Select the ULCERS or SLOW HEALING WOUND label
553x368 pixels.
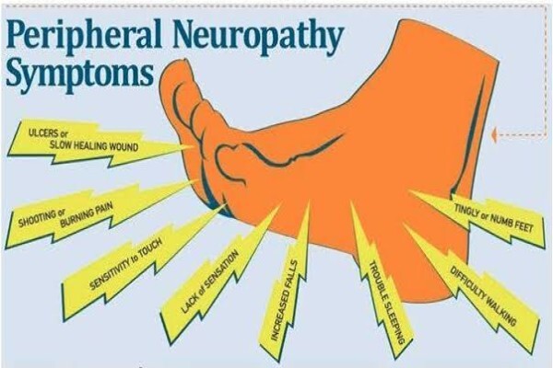(x=94, y=140)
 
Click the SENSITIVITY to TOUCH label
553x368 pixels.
(x=126, y=263)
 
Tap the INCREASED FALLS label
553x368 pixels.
(x=285, y=301)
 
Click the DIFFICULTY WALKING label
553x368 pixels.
(x=483, y=296)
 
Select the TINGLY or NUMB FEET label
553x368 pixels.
(x=493, y=218)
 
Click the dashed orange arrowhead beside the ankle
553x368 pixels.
(x=494, y=134)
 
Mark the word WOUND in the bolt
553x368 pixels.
(x=124, y=146)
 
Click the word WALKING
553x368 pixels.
(x=501, y=311)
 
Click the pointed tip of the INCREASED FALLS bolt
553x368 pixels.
(x=310, y=201)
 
